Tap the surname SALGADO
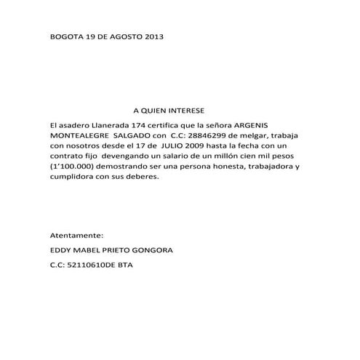(x=132, y=136)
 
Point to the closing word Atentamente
(x=76, y=236)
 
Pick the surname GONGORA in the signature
(x=152, y=251)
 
